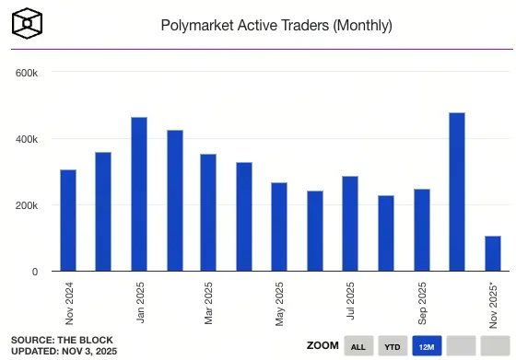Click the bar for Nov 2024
tap(68, 221)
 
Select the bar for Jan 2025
tap(139, 194)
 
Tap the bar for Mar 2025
tap(209, 213)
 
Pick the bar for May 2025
tap(279, 227)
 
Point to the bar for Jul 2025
tap(350, 224)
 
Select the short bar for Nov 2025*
tap(492, 254)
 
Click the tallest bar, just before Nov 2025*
tap(456, 192)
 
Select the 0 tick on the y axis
tap(34, 272)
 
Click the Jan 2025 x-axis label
tap(141, 301)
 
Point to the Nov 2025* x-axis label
tap(494, 303)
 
